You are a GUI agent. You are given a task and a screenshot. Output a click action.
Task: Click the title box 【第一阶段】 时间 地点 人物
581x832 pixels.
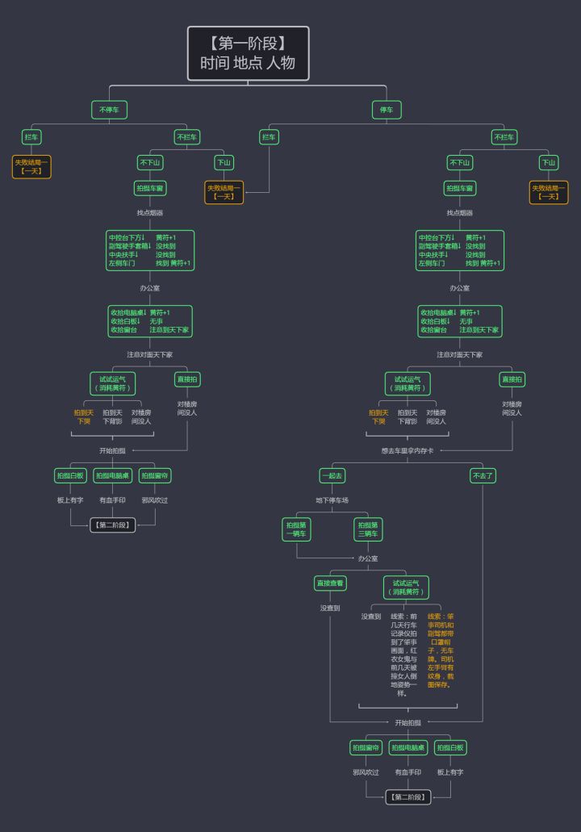coord(249,53)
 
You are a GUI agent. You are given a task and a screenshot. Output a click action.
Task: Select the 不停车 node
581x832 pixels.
coord(109,109)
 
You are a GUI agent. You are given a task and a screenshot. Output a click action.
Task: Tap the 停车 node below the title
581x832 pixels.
coord(387,109)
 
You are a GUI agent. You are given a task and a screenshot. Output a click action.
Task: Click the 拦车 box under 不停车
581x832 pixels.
coord(31,137)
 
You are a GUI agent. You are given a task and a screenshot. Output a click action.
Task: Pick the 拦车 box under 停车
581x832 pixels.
coord(269,137)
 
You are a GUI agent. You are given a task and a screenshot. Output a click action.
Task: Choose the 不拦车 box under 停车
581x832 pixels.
coord(504,137)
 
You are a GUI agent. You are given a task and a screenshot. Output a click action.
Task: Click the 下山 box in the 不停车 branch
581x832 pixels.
coord(224,162)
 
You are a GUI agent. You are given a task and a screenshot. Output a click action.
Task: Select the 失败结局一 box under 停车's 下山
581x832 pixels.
coord(549,192)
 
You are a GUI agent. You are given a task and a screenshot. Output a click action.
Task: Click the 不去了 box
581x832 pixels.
coord(483,475)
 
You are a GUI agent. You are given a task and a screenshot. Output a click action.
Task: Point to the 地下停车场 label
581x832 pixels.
coord(332,500)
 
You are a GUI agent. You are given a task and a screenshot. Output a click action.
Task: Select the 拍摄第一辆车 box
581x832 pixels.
coord(297,529)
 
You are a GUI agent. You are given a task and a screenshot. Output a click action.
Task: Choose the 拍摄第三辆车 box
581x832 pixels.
coord(368,529)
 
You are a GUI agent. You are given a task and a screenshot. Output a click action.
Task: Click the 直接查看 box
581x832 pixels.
coord(330,583)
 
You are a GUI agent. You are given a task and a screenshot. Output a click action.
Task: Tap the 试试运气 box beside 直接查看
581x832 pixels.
coord(406,587)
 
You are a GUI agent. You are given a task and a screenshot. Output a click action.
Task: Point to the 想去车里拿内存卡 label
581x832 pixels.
coord(408,450)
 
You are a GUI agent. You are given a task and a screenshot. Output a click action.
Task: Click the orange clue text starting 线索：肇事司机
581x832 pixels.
coord(441,650)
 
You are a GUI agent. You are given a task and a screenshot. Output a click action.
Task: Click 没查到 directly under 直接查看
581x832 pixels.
coord(330,608)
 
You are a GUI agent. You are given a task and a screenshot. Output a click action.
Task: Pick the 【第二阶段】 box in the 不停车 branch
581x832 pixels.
coord(112,525)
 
